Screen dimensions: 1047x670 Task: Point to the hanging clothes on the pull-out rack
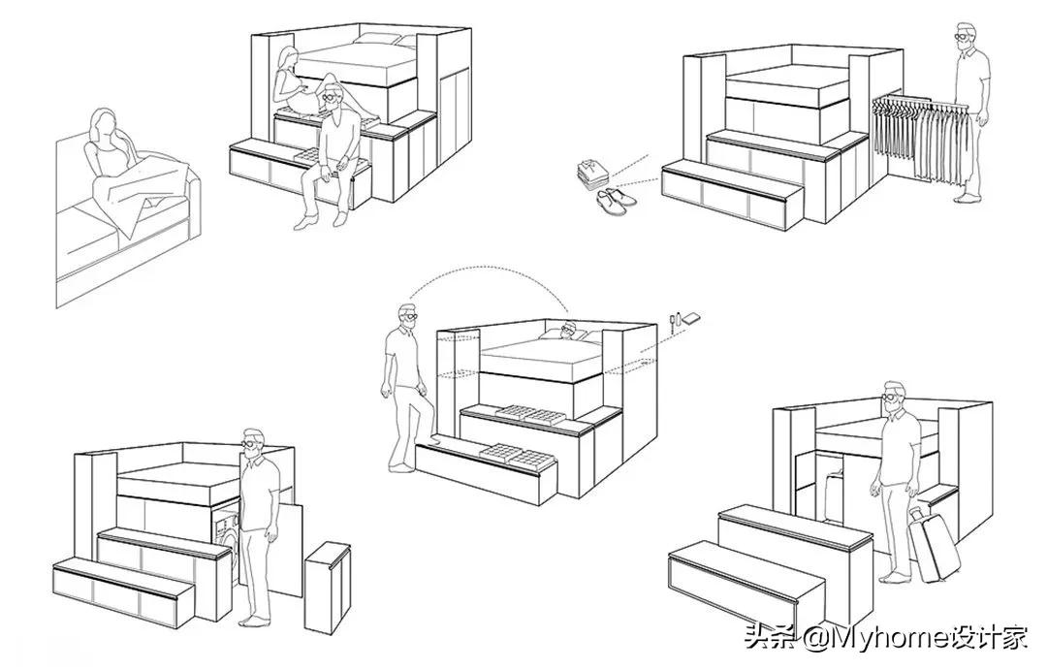(x=920, y=137)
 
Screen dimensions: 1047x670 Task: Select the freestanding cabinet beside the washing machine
(x=328, y=587)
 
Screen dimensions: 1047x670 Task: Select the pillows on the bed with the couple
(x=382, y=39)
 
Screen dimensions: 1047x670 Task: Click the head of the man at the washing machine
(x=252, y=443)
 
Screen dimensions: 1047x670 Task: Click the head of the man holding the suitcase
(x=894, y=397)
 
